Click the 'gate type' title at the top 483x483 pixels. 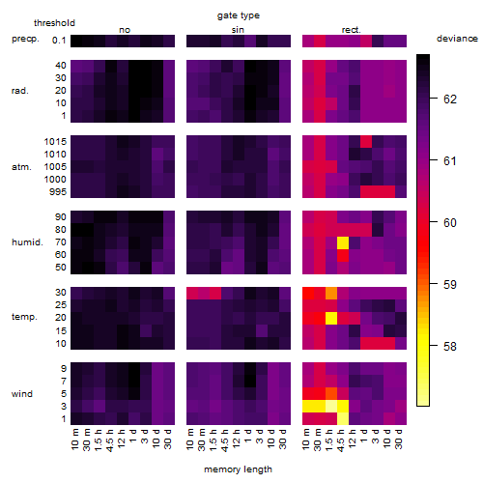coord(239,15)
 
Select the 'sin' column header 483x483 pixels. coord(238,30)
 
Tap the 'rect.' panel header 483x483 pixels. coord(351,30)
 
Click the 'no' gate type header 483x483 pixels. coord(125,30)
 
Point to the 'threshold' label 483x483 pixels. coord(54,23)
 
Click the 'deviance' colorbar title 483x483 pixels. coord(457,39)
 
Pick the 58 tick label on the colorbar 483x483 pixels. coord(450,347)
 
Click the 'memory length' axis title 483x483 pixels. coord(239,469)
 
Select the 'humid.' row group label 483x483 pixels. coord(27,242)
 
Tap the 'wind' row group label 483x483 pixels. coord(22,394)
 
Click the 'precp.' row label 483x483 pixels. coord(25,39)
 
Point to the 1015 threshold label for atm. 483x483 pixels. coord(55,142)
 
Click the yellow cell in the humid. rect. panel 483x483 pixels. coord(343,242)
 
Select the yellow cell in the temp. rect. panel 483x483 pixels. coord(331,319)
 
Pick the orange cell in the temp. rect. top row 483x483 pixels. coord(331,294)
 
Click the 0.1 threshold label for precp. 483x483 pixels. coord(59,41)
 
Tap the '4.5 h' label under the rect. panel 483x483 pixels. coord(340,440)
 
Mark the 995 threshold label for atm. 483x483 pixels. coord(58,192)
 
